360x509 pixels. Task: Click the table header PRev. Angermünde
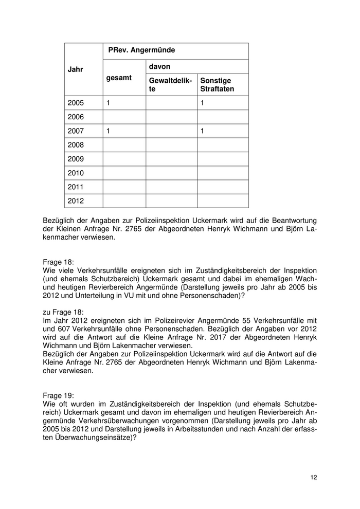coord(141,50)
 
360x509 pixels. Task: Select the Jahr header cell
coord(75,69)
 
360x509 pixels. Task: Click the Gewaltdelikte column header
coord(170,85)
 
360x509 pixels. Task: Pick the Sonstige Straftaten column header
coord(217,85)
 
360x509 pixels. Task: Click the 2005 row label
coord(75,103)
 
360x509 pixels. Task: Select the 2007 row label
coord(75,131)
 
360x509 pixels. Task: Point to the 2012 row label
coord(75,201)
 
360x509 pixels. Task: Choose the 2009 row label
coord(75,159)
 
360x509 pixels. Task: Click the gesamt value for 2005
coord(109,103)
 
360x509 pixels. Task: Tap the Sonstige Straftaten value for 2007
coord(203,131)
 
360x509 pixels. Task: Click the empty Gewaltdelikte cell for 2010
coord(171,173)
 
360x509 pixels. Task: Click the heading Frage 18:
coord(59,262)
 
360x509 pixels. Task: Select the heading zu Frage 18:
coord(63,312)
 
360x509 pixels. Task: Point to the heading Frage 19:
coord(59,395)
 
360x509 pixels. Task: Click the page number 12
coord(314,478)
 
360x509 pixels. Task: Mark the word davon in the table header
coord(159,67)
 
